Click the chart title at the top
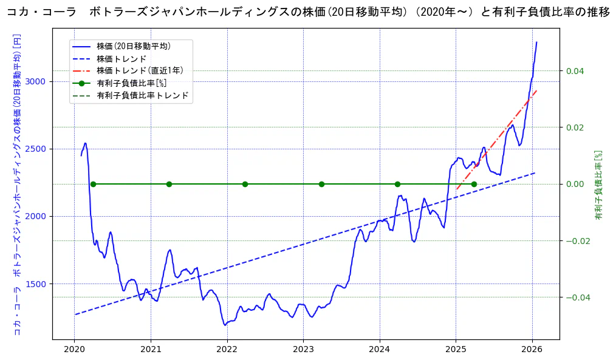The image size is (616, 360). (308, 12)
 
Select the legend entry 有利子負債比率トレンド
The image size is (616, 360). (142, 95)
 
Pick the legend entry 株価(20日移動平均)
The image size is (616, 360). (133, 46)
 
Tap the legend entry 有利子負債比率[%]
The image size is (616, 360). (131, 83)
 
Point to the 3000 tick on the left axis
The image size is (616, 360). (38, 81)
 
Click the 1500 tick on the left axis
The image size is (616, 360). (38, 284)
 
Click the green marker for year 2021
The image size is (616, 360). (169, 184)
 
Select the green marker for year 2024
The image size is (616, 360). (397, 184)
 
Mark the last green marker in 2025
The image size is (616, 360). (474, 184)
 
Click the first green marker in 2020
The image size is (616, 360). (93, 184)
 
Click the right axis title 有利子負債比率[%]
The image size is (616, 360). (598, 185)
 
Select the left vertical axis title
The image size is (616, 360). (17, 185)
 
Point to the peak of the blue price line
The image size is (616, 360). (536, 42)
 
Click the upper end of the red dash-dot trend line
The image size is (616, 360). (536, 90)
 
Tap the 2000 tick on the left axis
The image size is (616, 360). (38, 216)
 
